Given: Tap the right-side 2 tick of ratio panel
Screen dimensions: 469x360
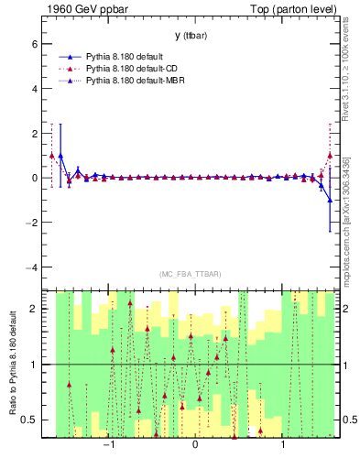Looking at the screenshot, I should point(349,309).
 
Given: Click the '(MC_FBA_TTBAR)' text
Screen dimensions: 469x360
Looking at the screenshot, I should point(190,274).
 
